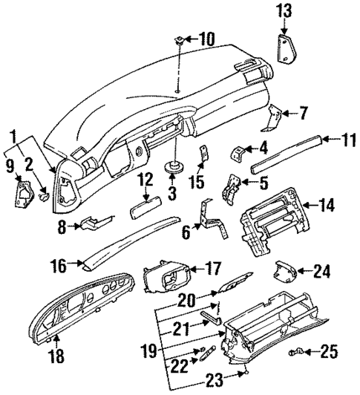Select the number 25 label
pyautogui.click(x=328, y=350)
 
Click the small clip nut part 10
pyautogui.click(x=180, y=38)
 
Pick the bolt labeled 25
pyautogui.click(x=301, y=348)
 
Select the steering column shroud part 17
pyautogui.click(x=167, y=282)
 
